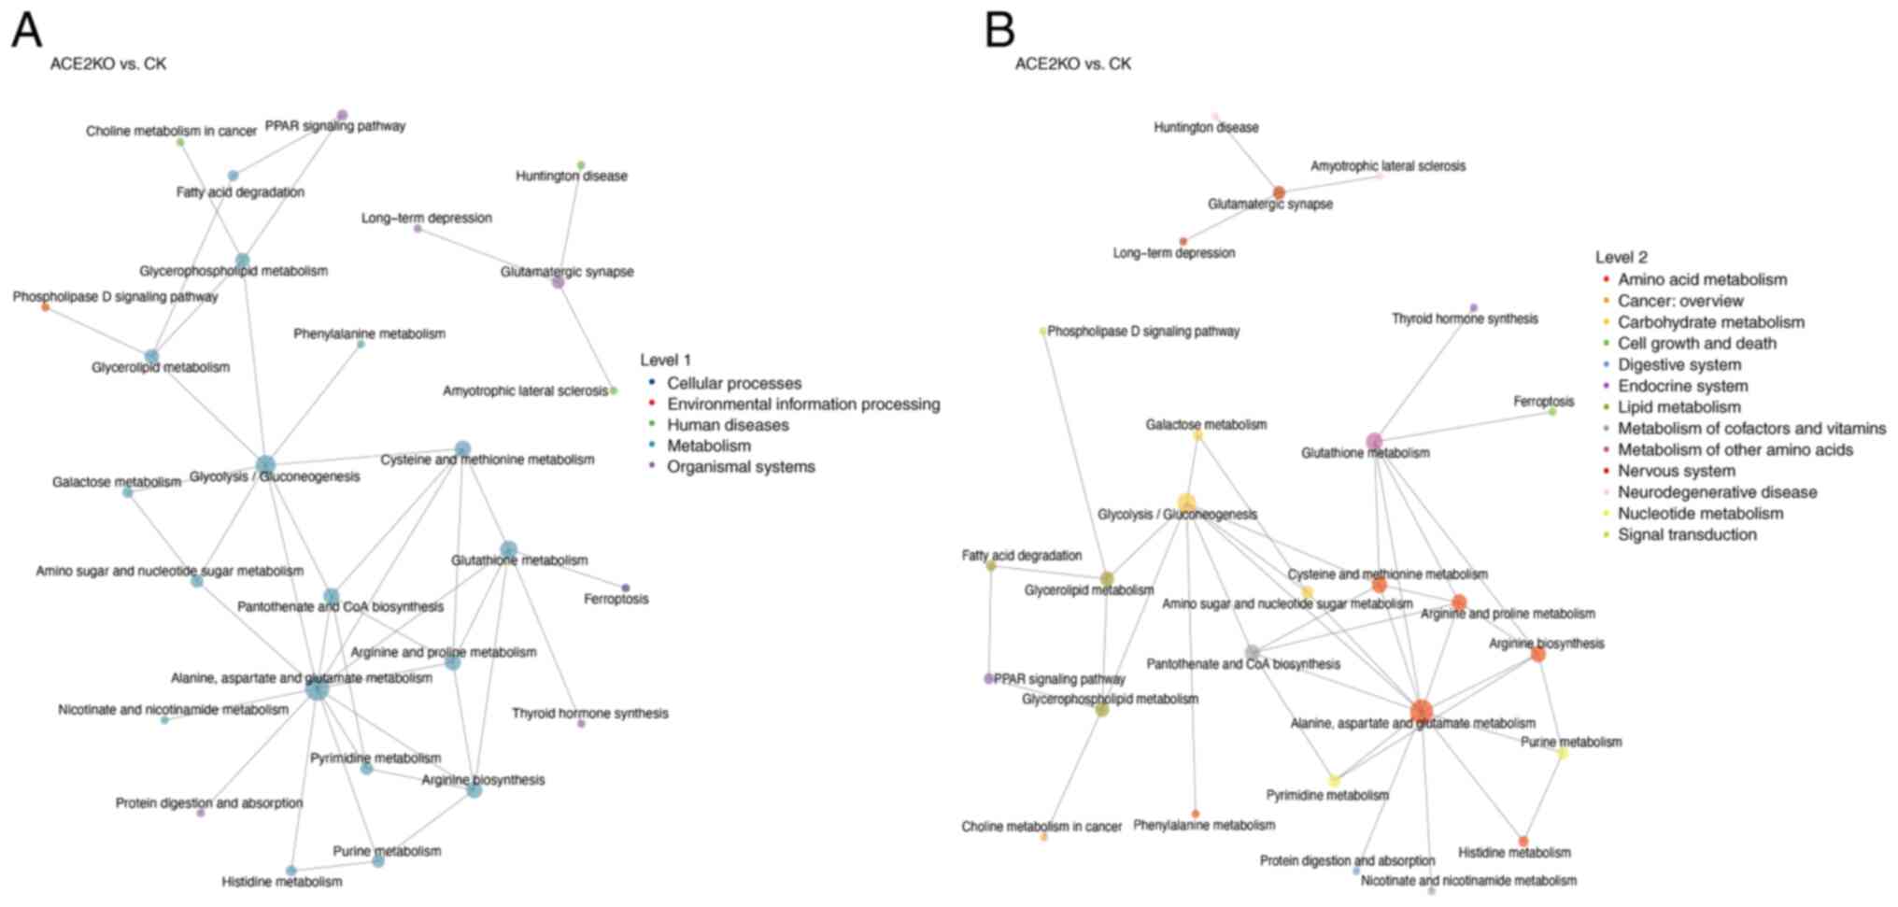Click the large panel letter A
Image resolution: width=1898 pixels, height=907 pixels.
point(26,30)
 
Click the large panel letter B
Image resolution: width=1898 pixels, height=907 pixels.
point(999,30)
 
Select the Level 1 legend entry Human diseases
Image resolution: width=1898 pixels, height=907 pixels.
point(727,425)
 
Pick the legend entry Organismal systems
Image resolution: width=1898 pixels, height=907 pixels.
point(740,467)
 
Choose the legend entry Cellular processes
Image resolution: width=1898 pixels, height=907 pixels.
point(733,383)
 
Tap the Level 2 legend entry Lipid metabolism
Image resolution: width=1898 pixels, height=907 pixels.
point(1678,407)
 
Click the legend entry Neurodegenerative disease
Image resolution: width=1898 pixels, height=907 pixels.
point(1717,492)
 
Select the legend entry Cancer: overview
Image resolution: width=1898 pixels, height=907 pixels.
point(1679,301)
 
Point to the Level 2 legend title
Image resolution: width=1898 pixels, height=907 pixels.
point(1621,257)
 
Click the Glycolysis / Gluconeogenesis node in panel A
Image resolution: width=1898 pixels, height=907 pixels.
point(265,465)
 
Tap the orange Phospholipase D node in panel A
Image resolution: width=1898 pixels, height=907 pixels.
point(45,307)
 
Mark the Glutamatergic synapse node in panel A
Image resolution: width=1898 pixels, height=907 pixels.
point(558,282)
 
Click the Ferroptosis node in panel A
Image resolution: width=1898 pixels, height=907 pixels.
point(626,588)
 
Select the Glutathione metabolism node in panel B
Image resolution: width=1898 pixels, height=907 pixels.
point(1374,441)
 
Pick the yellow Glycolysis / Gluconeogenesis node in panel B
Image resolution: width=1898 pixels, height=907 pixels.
point(1186,503)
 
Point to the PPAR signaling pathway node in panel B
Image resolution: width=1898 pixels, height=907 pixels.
point(989,679)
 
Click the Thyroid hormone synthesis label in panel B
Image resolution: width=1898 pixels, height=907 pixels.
point(1464,319)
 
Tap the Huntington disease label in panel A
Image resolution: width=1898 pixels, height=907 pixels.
point(571,176)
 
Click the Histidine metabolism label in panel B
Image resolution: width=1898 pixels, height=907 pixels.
point(1514,853)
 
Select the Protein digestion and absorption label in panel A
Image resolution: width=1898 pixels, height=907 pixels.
point(209,803)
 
